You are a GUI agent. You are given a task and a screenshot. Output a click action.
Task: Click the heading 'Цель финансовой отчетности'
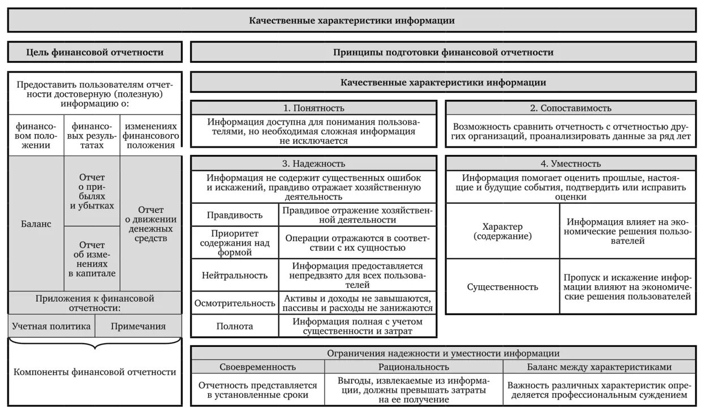click(x=95, y=52)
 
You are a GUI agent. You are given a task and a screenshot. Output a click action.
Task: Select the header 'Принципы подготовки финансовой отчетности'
click(x=443, y=52)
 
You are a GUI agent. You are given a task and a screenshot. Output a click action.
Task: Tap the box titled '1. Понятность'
click(x=313, y=108)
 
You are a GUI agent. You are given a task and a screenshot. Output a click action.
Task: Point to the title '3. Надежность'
click(x=313, y=164)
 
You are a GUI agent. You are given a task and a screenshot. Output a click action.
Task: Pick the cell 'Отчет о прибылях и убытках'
click(x=92, y=191)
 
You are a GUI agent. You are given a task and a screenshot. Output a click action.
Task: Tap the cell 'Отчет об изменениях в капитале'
click(x=92, y=259)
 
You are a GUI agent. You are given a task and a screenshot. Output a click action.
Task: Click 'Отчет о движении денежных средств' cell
click(x=150, y=224)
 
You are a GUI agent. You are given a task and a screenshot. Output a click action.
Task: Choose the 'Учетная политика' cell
click(x=51, y=326)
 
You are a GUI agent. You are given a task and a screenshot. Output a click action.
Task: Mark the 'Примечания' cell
click(x=138, y=326)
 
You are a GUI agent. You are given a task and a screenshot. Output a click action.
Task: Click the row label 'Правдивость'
click(x=235, y=215)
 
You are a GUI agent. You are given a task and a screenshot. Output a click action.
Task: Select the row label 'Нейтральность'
click(x=235, y=275)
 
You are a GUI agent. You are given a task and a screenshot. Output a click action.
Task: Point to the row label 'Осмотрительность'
click(x=235, y=303)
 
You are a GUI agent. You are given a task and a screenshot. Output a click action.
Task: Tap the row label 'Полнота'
click(x=235, y=327)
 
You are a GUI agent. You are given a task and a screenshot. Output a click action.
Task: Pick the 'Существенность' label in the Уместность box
click(x=502, y=287)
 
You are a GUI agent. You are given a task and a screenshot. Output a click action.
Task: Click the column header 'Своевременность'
click(x=257, y=367)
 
